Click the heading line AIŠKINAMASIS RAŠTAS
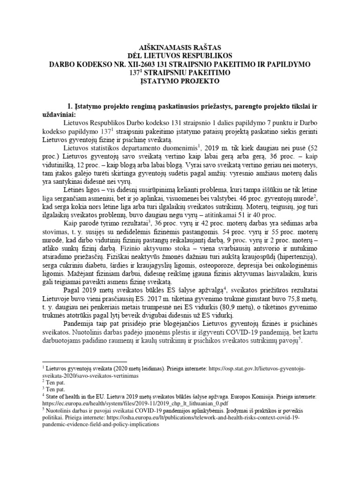pyautogui.click(x=180, y=48)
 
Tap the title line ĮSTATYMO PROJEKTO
pyautogui.click(x=180, y=81)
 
